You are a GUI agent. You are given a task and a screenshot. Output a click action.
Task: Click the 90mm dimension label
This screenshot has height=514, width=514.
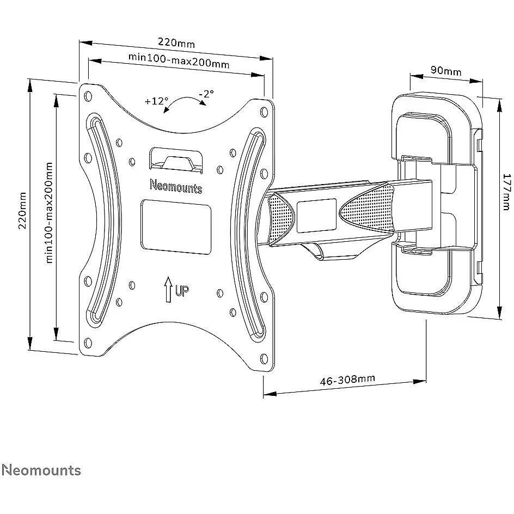[x=446, y=70]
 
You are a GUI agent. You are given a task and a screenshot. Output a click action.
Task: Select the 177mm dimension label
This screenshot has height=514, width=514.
[x=507, y=192]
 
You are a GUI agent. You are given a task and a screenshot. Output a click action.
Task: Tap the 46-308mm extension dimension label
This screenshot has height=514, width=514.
[x=347, y=380]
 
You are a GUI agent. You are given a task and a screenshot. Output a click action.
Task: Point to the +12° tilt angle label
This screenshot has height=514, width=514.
[x=156, y=101]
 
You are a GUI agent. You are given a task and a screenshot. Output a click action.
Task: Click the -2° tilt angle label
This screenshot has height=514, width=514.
[x=206, y=94]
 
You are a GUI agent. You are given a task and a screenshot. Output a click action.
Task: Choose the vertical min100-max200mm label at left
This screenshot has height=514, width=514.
[x=49, y=212]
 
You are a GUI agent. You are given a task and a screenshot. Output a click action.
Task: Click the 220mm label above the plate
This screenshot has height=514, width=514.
[x=176, y=42]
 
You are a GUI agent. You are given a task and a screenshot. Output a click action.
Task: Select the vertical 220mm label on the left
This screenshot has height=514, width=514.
[x=22, y=211]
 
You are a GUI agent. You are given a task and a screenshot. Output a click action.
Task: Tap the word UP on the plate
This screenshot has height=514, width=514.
[x=182, y=290]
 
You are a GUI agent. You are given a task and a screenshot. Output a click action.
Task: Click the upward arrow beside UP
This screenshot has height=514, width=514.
[x=168, y=290]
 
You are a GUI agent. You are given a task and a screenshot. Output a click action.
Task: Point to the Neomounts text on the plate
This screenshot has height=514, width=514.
[x=176, y=186]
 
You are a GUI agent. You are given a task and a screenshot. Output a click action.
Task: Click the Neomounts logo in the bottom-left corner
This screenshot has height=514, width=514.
[x=41, y=470]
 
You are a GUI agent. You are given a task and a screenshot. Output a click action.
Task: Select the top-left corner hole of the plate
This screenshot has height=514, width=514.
[x=88, y=96]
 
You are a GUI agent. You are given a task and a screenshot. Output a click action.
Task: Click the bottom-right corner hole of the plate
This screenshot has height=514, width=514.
[x=264, y=358]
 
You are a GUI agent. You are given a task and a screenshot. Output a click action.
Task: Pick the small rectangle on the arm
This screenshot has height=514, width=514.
[x=317, y=216]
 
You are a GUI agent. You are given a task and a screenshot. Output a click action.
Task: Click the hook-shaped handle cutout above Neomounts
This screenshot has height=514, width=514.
[x=176, y=160]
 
